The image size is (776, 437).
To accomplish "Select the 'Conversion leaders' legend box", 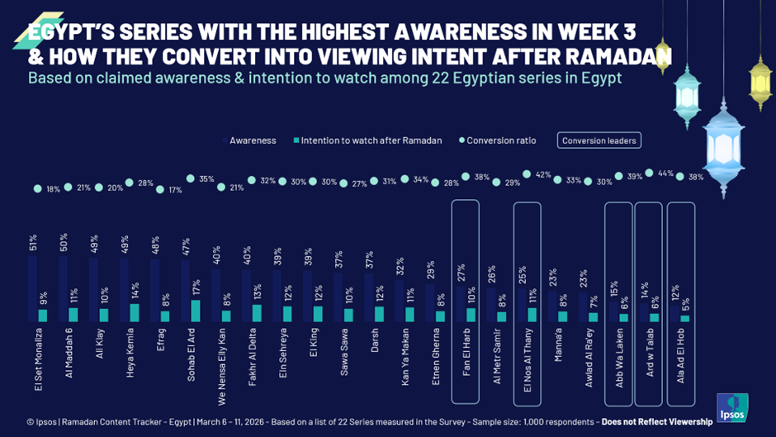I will pyautogui.click(x=599, y=140).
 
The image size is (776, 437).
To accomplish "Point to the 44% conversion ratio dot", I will pyautogui.click(x=649, y=173).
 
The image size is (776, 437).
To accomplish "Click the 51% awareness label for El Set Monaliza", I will pyautogui.click(x=32, y=241).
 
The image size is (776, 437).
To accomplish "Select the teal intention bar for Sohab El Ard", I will pyautogui.click(x=196, y=311).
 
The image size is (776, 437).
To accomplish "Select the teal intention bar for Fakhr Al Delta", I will pyautogui.click(x=257, y=313).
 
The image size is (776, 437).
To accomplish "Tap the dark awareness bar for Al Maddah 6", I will pyautogui.click(x=63, y=288).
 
